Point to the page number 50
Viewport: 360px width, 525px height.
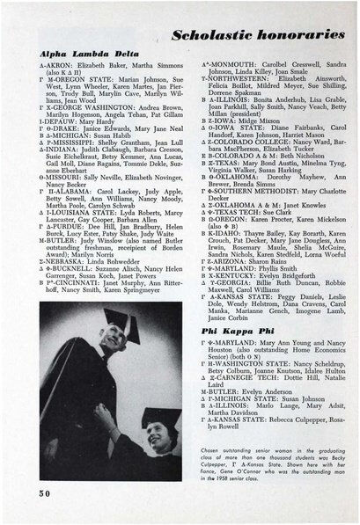46,495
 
